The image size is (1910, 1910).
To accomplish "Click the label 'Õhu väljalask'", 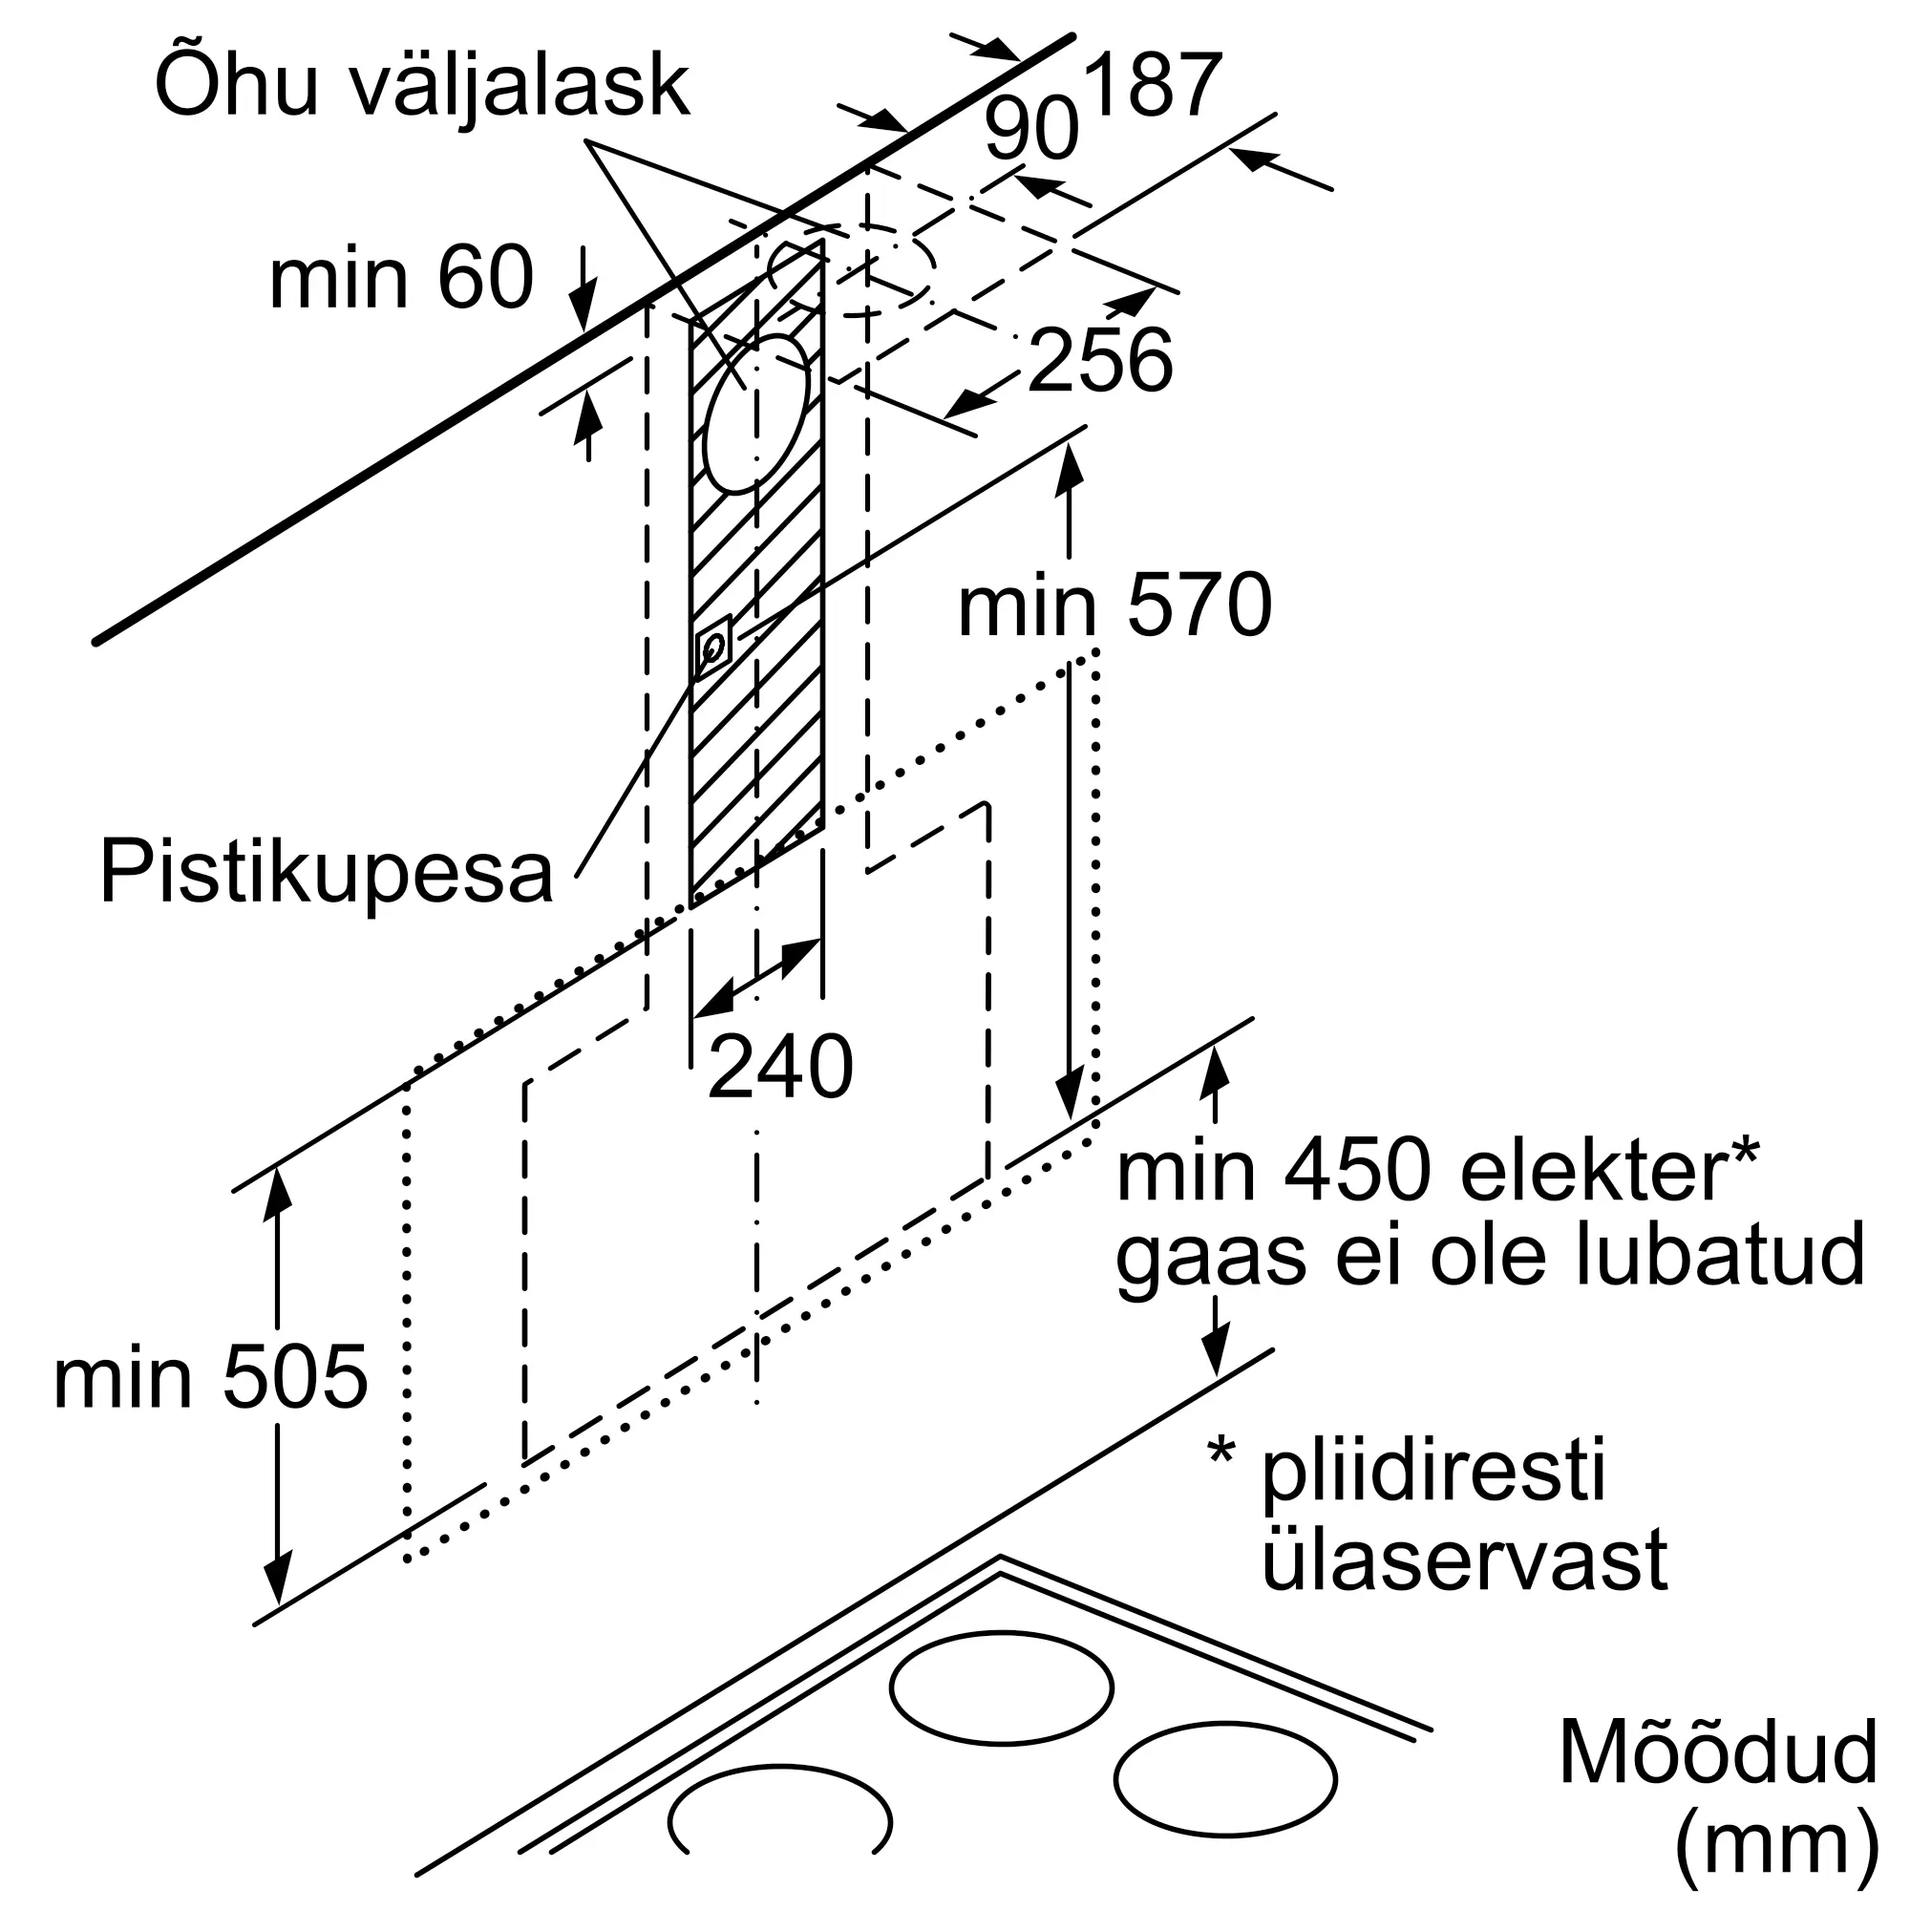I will click(422, 87).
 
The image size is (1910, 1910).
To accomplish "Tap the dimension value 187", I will click(1153, 87).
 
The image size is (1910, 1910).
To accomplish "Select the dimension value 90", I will click(1031, 131).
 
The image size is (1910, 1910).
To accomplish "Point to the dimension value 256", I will click(1100, 360).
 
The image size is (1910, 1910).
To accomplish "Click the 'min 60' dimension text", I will click(401, 279).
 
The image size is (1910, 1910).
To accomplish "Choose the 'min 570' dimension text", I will click(1114, 606).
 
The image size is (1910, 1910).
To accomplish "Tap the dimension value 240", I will click(780, 1067).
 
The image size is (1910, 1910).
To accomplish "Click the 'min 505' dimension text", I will click(210, 1378).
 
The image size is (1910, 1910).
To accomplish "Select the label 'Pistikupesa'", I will click(327, 873).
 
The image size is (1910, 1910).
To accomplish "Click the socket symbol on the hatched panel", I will click(712, 647).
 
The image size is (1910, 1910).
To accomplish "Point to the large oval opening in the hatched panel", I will click(756, 414).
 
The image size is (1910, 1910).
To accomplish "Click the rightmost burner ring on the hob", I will click(1225, 1778).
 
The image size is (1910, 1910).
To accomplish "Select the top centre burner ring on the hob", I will click(1001, 1687).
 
